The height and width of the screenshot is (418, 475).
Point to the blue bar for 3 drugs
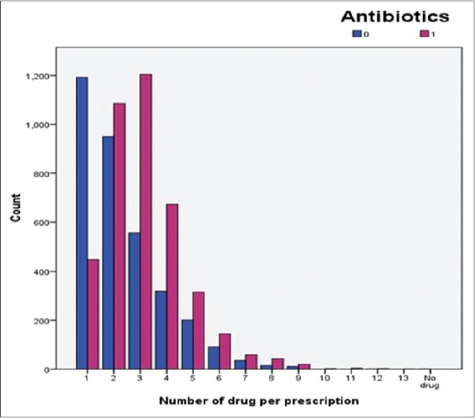(134, 300)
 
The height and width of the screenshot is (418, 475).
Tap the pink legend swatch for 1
(423, 34)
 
